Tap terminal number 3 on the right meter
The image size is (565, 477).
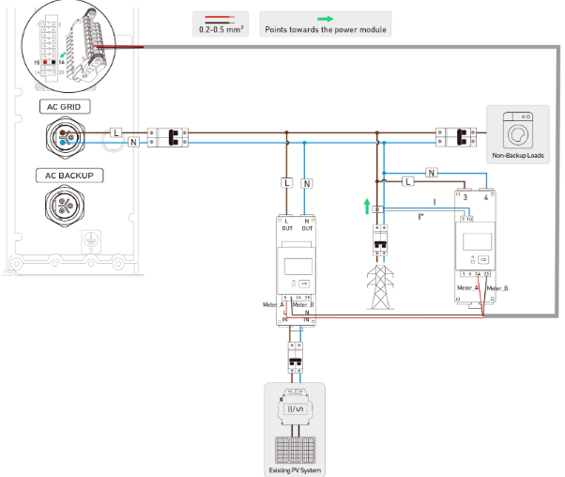tap(466, 197)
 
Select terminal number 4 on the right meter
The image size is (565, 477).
tap(485, 197)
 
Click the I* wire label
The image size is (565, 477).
tap(420, 217)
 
